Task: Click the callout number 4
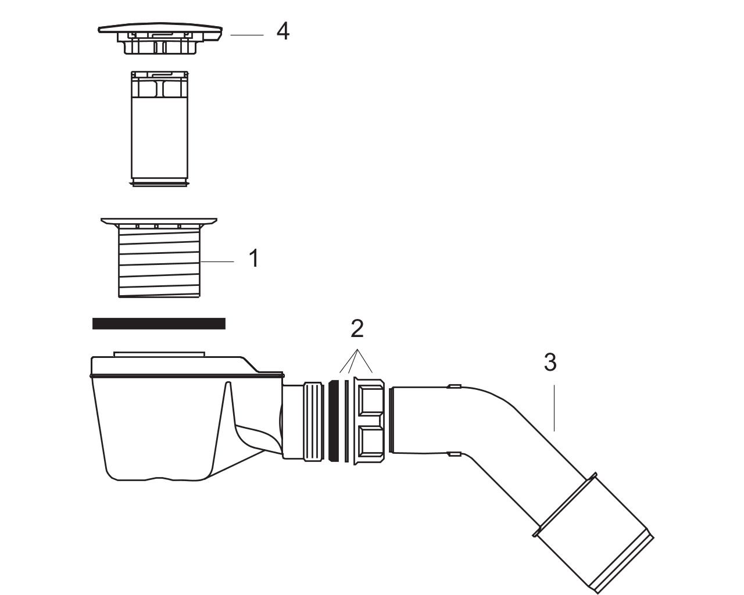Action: point(282,31)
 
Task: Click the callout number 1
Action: point(254,258)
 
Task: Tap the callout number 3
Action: point(550,363)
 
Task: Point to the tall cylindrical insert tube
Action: point(160,128)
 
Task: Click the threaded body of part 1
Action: point(159,263)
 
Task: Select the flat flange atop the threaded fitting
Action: point(159,221)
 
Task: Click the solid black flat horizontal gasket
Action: point(159,324)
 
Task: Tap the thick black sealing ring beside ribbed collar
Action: point(333,421)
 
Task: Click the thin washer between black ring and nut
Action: point(347,421)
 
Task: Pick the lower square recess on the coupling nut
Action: point(370,442)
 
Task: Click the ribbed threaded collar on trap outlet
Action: point(313,421)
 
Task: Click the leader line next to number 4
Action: point(247,35)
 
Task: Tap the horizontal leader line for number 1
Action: point(217,261)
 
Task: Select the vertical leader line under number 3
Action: point(554,408)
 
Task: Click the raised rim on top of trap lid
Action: point(159,354)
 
